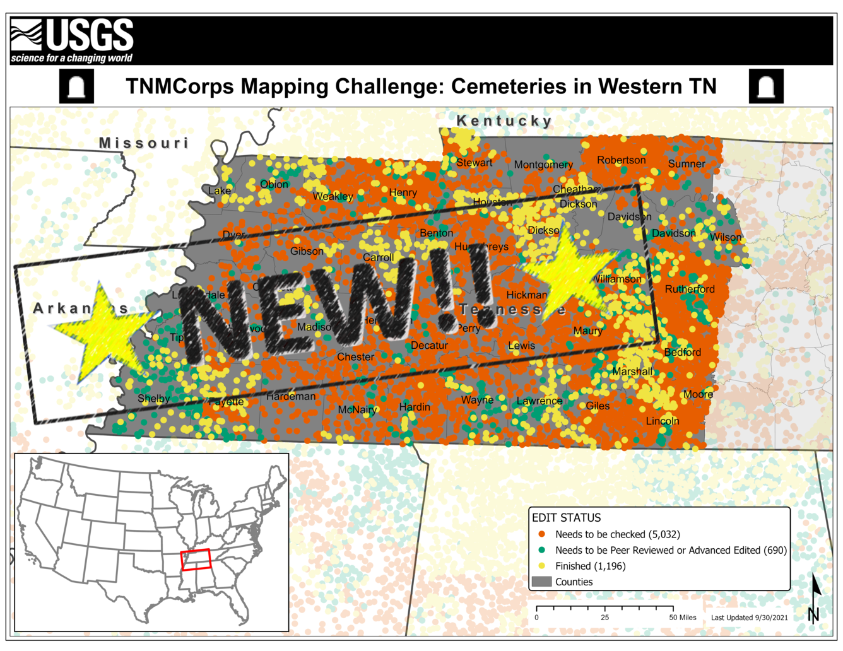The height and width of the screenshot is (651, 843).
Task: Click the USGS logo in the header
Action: coord(72,40)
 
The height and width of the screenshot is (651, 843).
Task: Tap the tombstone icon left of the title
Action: coord(76,86)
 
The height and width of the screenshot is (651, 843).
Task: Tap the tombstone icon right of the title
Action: coord(765,86)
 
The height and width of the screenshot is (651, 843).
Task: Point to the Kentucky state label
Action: coord(504,120)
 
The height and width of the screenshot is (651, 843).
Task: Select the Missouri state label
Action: coord(144,143)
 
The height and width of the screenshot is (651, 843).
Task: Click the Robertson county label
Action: coord(621,160)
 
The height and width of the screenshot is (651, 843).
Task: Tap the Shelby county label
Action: coord(153,399)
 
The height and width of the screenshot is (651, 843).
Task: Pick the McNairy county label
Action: coord(357,410)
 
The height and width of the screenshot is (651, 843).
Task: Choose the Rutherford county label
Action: coord(690,290)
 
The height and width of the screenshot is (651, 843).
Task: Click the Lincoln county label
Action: coord(663,421)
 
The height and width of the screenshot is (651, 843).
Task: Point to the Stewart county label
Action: coord(474,163)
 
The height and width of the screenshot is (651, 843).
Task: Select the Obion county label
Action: coord(274,185)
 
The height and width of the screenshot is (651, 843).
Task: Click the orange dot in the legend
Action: coord(541,534)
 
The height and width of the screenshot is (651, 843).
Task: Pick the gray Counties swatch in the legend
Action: coord(541,582)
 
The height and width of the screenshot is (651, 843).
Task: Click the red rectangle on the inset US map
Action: coord(196,560)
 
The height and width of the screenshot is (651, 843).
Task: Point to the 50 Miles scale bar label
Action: coord(683,618)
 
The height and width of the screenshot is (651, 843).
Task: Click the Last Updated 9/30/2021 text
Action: coord(749,618)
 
